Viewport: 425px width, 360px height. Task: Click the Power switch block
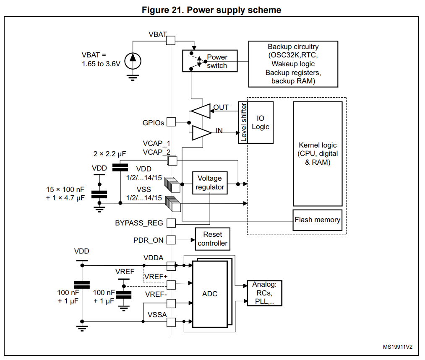coord(210,61)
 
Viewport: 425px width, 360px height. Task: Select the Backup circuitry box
coord(293,64)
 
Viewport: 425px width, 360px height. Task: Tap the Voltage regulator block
coord(210,183)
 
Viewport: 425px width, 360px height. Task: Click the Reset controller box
coord(212,239)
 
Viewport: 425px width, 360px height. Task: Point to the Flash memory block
coord(318,220)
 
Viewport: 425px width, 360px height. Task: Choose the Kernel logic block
coord(318,154)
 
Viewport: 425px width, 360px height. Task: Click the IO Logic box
coord(260,122)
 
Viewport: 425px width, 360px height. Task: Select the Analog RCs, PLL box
coord(265,293)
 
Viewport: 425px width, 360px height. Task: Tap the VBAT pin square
coord(171,40)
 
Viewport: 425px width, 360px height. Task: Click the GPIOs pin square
coord(171,122)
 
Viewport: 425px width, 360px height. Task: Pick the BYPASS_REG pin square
coord(171,223)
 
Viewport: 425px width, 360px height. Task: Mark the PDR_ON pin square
coord(171,240)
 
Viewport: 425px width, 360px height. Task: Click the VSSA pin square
coord(171,322)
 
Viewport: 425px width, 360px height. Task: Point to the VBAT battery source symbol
coord(133,61)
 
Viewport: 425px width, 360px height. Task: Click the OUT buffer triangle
coord(201,111)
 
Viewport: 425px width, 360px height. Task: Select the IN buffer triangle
coord(202,133)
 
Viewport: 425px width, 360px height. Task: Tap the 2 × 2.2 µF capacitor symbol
coord(120,168)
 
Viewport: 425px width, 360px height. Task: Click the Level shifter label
coord(243,122)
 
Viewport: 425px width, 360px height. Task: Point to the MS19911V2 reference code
coord(398,347)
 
